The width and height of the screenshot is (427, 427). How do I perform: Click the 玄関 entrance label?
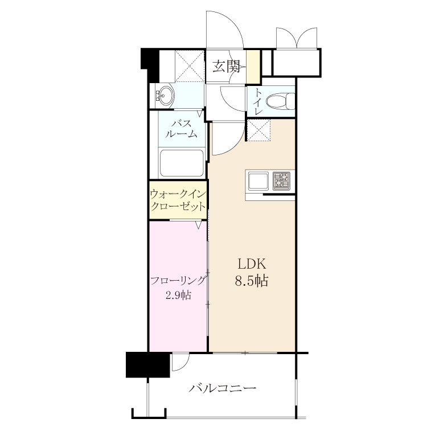[226, 66]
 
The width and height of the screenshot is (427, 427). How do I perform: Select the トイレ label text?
[258, 102]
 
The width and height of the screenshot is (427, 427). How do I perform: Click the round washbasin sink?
[165, 96]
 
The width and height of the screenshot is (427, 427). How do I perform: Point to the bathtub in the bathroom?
[182, 163]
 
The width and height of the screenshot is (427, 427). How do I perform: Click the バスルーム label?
[182, 129]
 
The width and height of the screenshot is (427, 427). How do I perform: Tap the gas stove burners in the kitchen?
[282, 181]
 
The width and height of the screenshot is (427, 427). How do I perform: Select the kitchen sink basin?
[258, 181]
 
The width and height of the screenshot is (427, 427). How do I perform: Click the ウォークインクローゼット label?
[178, 200]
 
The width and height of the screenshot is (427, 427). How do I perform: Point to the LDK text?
[252, 264]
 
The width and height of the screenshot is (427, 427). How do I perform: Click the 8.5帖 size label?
[252, 281]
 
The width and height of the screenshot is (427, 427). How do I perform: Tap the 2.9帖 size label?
[178, 295]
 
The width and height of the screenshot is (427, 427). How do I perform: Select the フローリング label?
[178, 281]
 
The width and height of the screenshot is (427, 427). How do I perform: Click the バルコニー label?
[223, 388]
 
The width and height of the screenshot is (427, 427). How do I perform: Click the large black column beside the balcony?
[148, 364]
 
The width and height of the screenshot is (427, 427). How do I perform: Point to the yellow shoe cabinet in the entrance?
[253, 66]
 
